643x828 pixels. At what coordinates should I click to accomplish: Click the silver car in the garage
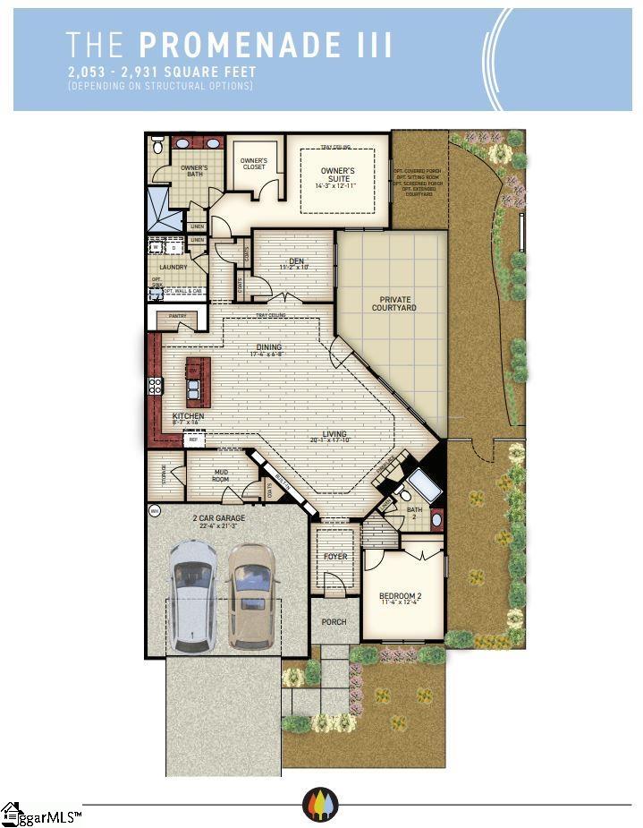[x=194, y=593]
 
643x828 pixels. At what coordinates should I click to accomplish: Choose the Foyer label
[x=335, y=556]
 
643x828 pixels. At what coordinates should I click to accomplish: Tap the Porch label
[x=334, y=621]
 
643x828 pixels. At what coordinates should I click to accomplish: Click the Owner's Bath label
[x=194, y=171]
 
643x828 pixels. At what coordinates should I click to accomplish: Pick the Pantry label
[x=177, y=316]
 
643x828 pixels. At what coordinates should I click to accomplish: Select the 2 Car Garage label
[x=218, y=518]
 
